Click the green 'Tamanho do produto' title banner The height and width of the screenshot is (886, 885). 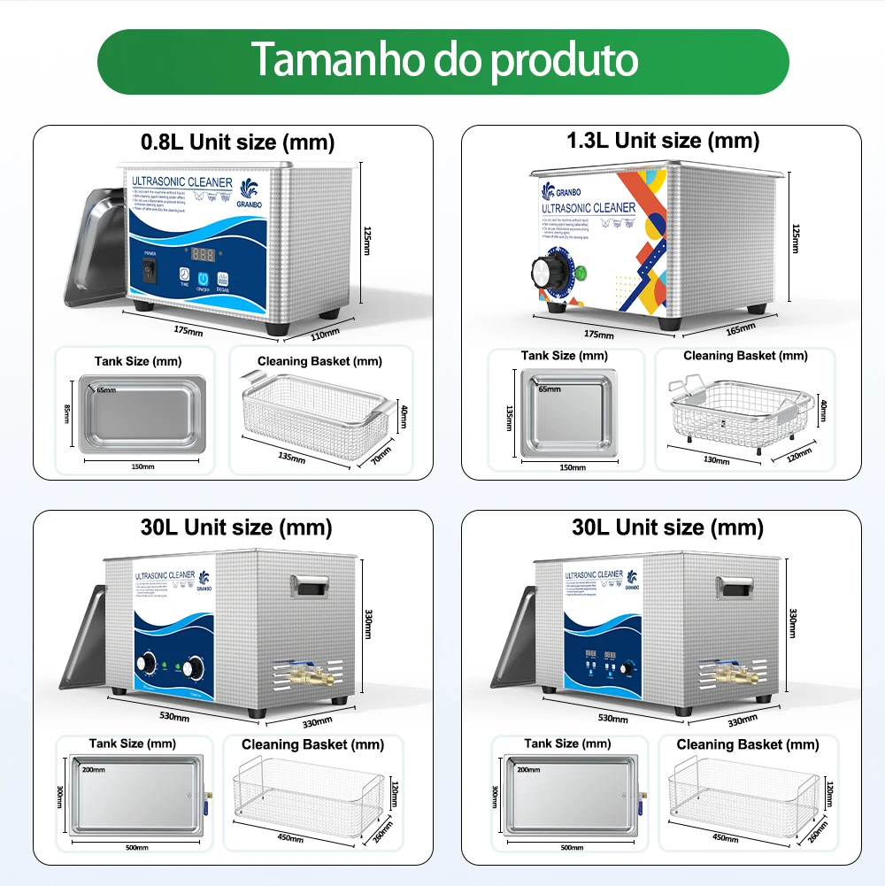[442, 60]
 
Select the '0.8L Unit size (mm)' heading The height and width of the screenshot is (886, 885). [237, 142]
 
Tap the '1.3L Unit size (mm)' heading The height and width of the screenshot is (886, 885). [663, 140]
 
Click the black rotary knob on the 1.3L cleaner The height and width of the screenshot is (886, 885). [541, 272]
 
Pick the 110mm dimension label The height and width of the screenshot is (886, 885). [324, 334]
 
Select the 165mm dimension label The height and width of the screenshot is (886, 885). [741, 329]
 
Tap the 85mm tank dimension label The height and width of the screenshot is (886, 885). [67, 412]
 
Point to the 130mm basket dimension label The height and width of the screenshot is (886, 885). [717, 460]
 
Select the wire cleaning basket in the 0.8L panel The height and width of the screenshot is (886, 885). [315, 414]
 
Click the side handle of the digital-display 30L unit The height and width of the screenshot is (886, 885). [735, 586]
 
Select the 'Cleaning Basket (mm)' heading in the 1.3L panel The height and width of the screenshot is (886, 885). [745, 356]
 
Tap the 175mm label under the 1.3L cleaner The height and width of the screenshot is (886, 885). [598, 335]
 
